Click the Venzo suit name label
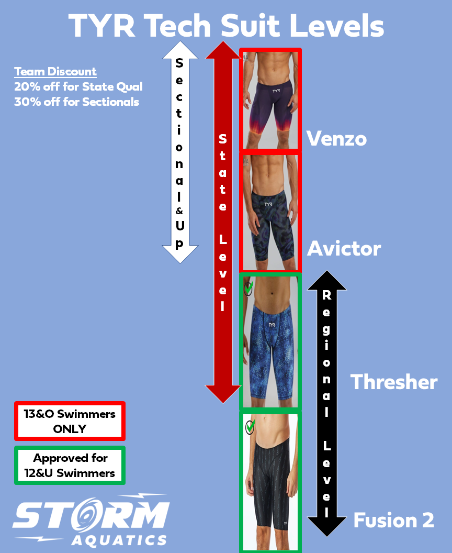tap(336, 138)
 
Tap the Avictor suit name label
tap(344, 248)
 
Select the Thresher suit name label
tap(393, 382)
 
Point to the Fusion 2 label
tap(393, 520)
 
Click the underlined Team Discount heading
tap(55, 72)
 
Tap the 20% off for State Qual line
tap(78, 86)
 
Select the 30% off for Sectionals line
tap(76, 102)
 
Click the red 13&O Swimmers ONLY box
tap(70, 421)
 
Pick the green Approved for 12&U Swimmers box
tap(70, 465)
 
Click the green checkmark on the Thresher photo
tap(248, 287)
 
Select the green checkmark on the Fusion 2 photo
tap(250, 427)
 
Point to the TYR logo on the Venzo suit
tap(275, 90)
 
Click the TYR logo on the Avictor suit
tap(268, 204)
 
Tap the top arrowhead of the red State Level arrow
tap(223, 50)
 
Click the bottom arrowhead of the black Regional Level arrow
tap(326, 526)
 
